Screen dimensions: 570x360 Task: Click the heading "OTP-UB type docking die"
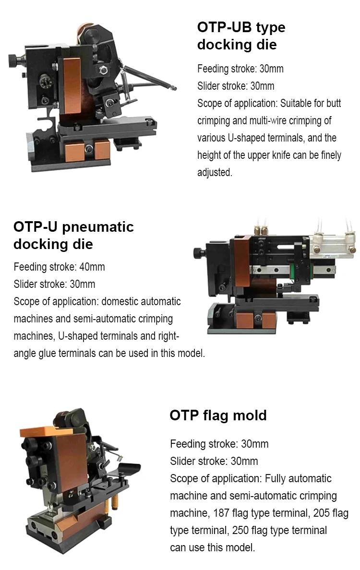click(241, 36)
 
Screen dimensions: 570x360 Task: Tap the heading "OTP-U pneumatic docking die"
click(73, 235)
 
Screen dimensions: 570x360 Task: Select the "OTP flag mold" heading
click(218, 415)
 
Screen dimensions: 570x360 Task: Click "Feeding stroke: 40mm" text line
click(59, 267)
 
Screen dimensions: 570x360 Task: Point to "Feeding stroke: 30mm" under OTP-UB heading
click(240, 69)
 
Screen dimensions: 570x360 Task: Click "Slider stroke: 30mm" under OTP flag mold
click(214, 461)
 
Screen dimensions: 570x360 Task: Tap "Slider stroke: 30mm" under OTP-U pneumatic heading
click(54, 284)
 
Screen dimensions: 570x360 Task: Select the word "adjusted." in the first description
click(215, 172)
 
